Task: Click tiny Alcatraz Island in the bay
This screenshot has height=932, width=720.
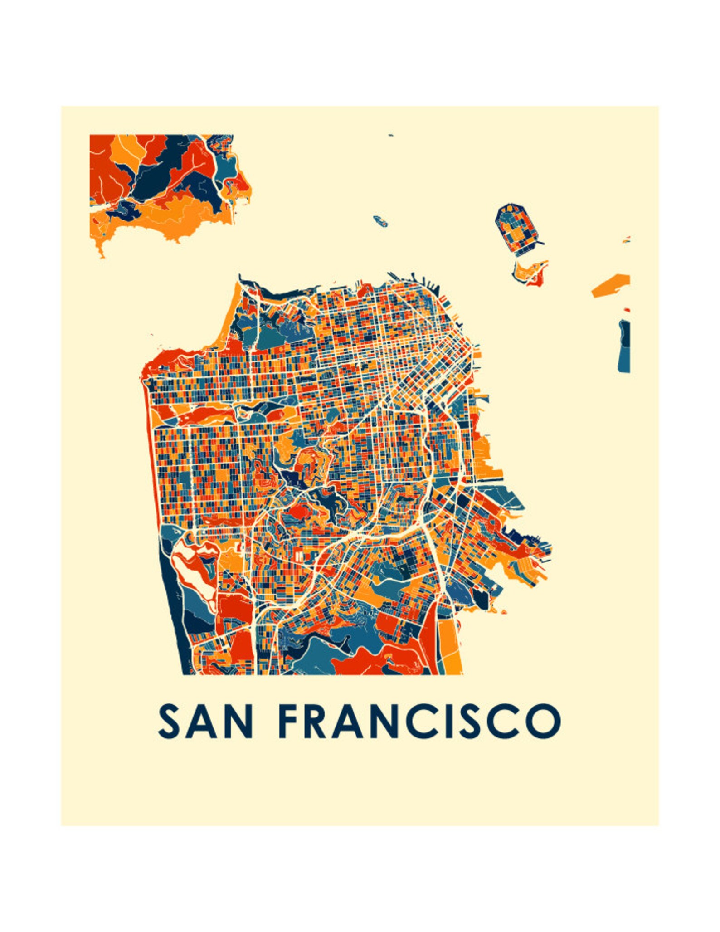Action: click(380, 221)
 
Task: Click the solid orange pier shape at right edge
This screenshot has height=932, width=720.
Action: click(611, 285)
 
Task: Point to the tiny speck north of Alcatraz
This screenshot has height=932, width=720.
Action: click(390, 135)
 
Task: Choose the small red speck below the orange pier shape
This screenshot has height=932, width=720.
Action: click(627, 310)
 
